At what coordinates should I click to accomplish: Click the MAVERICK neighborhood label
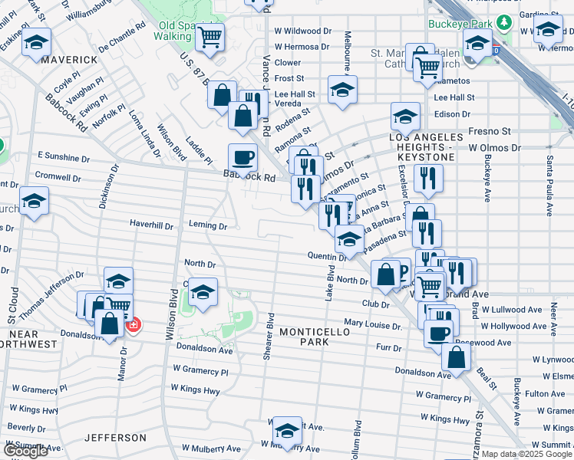[x=70, y=59]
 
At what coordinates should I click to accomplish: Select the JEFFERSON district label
[x=115, y=438]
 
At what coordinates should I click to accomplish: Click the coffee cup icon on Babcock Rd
[x=243, y=158]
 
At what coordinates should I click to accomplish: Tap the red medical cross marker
[x=134, y=325]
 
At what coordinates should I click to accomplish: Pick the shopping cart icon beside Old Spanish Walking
[x=209, y=36]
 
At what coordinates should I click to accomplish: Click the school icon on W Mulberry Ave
[x=287, y=430]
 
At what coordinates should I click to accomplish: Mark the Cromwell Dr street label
[x=58, y=178]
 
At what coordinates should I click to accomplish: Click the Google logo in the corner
[x=25, y=451]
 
